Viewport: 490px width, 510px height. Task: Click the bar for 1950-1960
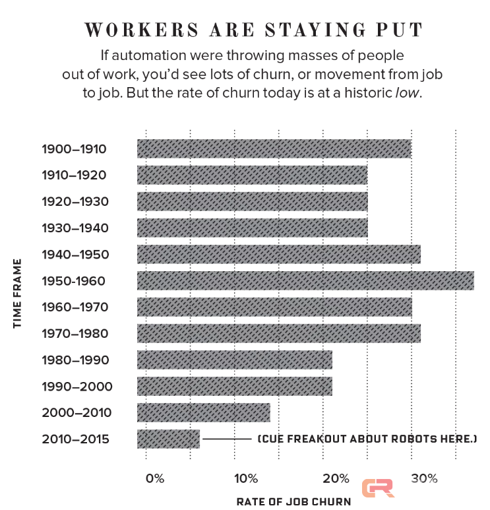point(305,280)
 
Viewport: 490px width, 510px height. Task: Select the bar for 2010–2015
point(168,439)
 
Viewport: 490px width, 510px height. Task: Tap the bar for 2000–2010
point(203,412)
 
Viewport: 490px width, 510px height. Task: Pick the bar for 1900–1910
point(274,148)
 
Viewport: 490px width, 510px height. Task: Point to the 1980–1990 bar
point(234,360)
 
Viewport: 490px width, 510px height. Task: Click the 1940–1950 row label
point(74,255)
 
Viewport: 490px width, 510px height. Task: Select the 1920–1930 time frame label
point(74,202)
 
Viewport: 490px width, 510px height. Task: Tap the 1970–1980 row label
point(74,334)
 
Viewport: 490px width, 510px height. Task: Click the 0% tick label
point(154,478)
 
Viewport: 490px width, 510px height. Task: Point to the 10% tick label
point(245,478)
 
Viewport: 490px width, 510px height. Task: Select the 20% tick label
point(336,478)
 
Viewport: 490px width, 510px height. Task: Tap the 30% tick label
point(425,478)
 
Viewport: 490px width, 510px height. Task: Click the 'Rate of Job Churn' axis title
point(293,501)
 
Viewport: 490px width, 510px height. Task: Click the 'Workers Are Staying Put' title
point(253,30)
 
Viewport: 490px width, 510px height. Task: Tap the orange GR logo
point(378,488)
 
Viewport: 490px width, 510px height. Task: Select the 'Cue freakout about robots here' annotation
point(367,439)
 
